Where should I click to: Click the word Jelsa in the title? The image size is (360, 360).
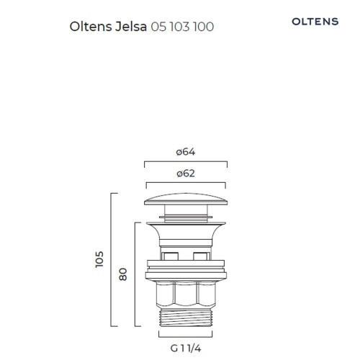(x=129, y=27)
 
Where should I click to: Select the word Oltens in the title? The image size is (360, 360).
(x=89, y=27)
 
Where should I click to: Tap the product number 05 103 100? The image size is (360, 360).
(x=183, y=27)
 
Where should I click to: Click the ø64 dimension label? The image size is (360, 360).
(x=186, y=152)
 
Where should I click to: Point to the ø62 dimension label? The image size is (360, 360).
(x=186, y=174)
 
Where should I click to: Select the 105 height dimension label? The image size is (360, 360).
(x=99, y=259)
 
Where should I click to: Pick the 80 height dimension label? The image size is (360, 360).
(x=123, y=274)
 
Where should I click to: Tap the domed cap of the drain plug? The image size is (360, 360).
(x=186, y=199)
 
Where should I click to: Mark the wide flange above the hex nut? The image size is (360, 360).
(x=186, y=268)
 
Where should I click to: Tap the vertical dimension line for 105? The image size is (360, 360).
(x=112, y=259)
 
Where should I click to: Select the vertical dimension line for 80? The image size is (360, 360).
(x=136, y=274)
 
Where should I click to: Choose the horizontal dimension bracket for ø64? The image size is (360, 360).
(x=186, y=161)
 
